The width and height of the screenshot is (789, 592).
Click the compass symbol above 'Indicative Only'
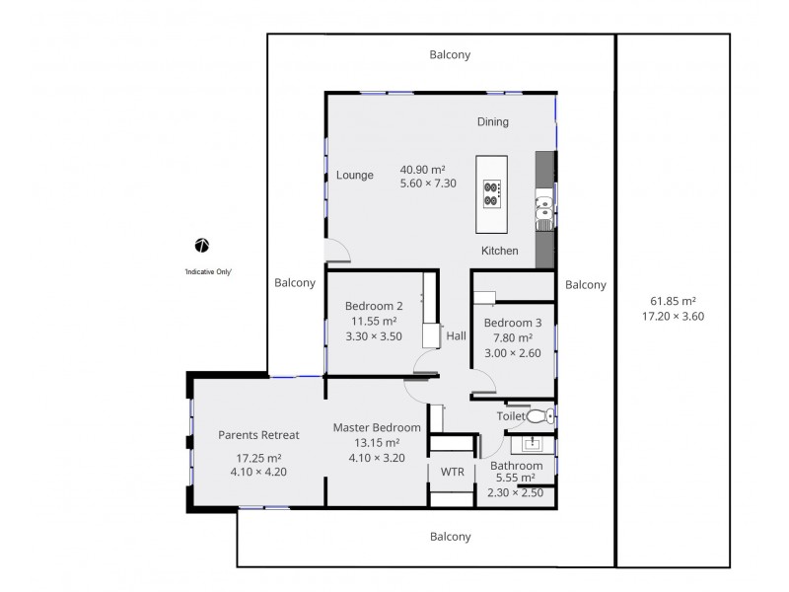[x=202, y=246]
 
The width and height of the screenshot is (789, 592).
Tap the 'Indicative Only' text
[x=208, y=272]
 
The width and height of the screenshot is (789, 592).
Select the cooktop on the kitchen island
[x=491, y=194]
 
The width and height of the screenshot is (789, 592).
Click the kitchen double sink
[x=544, y=212]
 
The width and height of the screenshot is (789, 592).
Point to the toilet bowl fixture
[x=540, y=416]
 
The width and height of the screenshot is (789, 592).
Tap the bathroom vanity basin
[x=533, y=444]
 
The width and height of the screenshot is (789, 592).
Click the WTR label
[x=453, y=473]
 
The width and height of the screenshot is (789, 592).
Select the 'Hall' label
[x=457, y=335]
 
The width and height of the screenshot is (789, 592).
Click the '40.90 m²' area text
[x=423, y=170]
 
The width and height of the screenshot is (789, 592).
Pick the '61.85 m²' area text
[x=674, y=301]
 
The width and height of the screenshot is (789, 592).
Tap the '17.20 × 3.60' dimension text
[x=674, y=317]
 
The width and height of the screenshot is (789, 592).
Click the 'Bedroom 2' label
[x=374, y=306]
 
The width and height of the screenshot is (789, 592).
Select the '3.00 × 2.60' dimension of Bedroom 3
[x=513, y=353]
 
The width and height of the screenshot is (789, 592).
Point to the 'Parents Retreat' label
[x=258, y=435]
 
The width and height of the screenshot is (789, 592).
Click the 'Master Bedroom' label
[x=377, y=428]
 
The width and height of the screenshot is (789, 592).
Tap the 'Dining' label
[x=493, y=121]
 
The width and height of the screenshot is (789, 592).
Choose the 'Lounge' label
[x=355, y=176]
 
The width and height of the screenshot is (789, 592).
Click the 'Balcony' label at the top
[x=450, y=55]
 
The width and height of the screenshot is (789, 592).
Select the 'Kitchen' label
[x=500, y=251]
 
